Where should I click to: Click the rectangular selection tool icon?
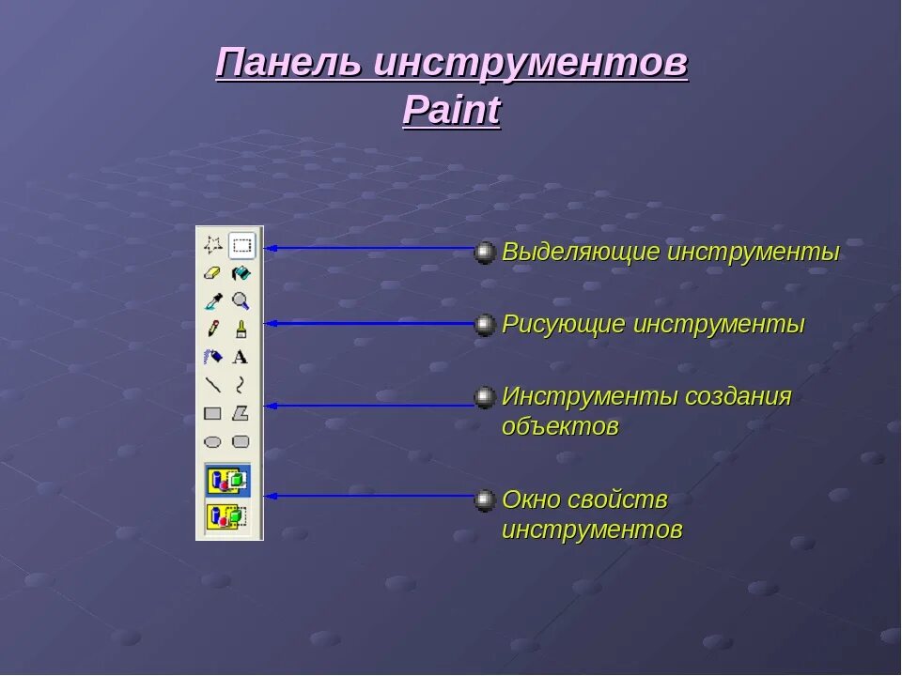242,246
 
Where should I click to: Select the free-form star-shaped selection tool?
213,246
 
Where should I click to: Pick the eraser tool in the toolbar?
213,273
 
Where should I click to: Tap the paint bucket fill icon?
241,273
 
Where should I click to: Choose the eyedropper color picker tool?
213,301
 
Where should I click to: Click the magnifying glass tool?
241,301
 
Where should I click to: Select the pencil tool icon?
213,329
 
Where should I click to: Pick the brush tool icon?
241,329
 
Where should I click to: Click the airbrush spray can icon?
213,357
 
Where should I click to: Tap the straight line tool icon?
213,384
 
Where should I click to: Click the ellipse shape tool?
213,440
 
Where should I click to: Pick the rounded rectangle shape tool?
241,440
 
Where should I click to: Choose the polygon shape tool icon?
241,412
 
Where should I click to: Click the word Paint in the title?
451,111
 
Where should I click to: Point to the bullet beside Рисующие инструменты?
485,325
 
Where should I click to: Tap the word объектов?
560,426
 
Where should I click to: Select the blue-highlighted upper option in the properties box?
228,481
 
